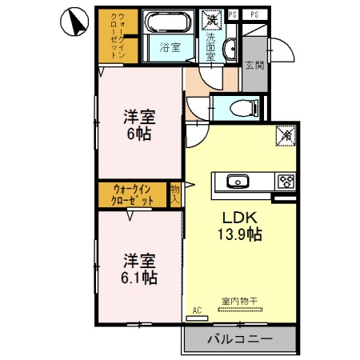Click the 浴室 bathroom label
coord(169,47)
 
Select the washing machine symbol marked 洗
coord(213,18)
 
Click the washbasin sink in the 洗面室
coord(230,47)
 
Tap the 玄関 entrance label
coord(254,66)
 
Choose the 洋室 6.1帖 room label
coord(139,270)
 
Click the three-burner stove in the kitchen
coord(285,181)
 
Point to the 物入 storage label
coord(175,194)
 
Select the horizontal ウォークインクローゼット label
coord(133,194)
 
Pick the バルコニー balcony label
coord(241,339)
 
